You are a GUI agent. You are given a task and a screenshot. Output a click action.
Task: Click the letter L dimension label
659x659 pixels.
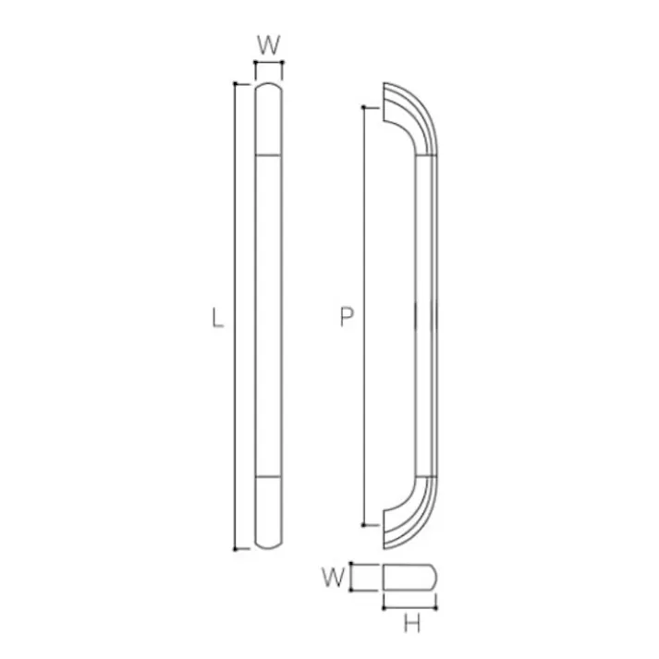point(217,320)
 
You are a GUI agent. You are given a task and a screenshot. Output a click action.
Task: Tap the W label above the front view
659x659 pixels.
point(268,43)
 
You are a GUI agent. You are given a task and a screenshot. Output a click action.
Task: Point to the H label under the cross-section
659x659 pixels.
point(412,625)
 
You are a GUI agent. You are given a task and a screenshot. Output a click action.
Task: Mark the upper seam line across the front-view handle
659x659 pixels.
point(269,154)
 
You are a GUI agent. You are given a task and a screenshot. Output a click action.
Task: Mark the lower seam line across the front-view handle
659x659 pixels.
point(269,477)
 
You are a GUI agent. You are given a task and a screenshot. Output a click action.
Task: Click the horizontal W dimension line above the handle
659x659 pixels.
point(269,64)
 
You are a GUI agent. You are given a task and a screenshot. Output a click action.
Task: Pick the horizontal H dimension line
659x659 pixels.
point(410,607)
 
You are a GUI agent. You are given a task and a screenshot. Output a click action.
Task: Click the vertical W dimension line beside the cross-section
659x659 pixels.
point(356,578)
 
